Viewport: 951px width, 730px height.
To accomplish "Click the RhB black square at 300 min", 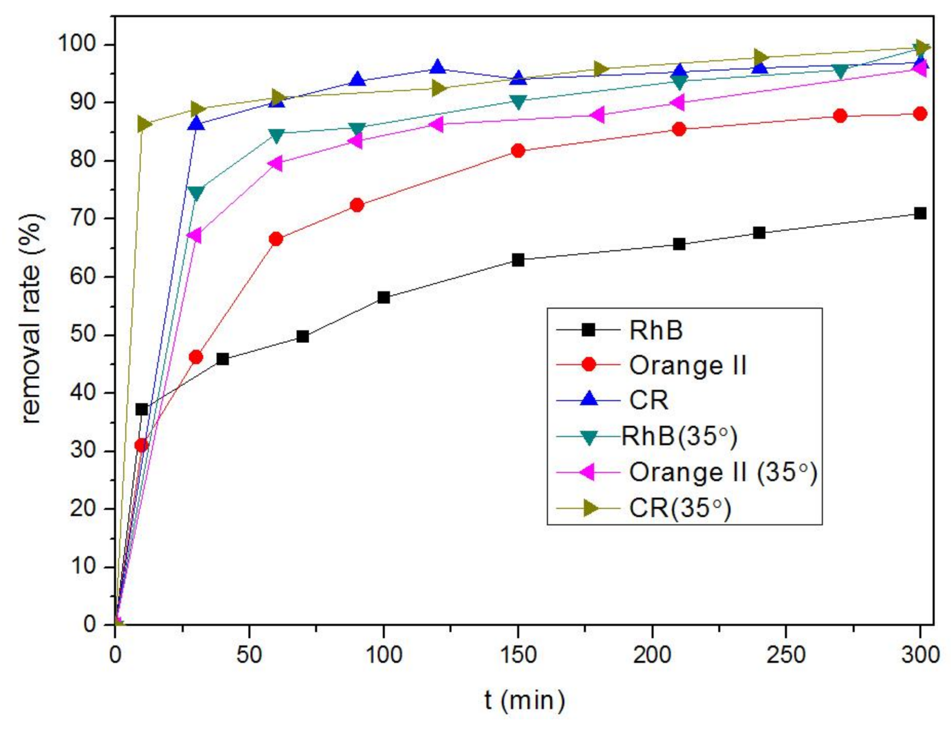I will pos(920,213).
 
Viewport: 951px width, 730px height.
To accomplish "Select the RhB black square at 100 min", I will pos(384,298).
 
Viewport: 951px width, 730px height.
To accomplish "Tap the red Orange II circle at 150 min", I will pos(518,151).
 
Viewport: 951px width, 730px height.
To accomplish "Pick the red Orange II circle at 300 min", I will pos(920,114).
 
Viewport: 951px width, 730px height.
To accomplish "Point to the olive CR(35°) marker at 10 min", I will pos(143,124).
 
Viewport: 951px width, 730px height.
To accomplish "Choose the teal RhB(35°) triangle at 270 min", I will pos(840,72).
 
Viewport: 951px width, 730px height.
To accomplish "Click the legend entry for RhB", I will pos(656,330).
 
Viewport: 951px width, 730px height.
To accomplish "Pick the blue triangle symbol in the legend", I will pos(589,399).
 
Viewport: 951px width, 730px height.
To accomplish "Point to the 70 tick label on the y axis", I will pos(83,218).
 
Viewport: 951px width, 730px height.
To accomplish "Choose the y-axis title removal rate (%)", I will pos(31,318).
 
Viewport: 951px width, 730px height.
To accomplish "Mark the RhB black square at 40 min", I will pos(222,359).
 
